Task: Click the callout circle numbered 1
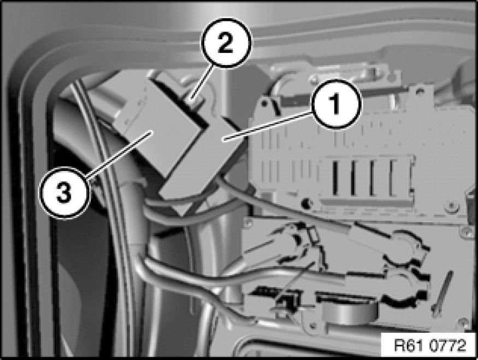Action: pyautogui.click(x=335, y=104)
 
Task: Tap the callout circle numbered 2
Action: pyautogui.click(x=226, y=43)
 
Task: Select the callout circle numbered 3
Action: pyautogui.click(x=64, y=192)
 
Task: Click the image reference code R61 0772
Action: pyautogui.click(x=430, y=346)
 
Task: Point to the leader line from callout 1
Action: pyautogui.click(x=269, y=126)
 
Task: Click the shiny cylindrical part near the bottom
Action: pyautogui.click(x=349, y=317)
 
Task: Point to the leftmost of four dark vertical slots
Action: pyautogui.click(x=335, y=178)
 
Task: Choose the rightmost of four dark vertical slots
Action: pyautogui.click(x=392, y=178)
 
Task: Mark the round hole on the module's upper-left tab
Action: pyautogui.click(x=264, y=103)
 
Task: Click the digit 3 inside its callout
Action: pyautogui.click(x=64, y=192)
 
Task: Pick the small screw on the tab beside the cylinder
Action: pyautogui.click(x=311, y=327)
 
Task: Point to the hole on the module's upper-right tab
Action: pyautogui.click(x=421, y=91)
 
